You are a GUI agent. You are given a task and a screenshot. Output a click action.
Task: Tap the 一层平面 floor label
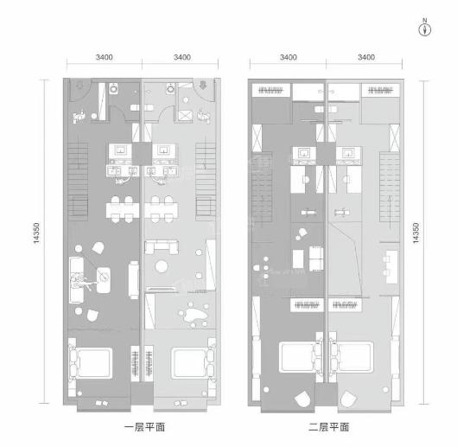pyautogui.click(x=145, y=427)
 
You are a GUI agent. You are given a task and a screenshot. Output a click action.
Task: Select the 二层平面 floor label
pyautogui.click(x=329, y=427)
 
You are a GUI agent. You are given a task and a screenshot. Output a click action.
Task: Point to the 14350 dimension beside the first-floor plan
pyautogui.click(x=36, y=233)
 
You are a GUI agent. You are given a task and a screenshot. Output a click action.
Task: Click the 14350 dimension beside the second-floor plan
pyautogui.click(x=416, y=233)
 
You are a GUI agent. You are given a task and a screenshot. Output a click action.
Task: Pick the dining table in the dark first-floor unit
pyautogui.click(x=123, y=210)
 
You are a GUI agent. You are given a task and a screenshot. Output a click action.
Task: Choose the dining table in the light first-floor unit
pyautogui.click(x=162, y=210)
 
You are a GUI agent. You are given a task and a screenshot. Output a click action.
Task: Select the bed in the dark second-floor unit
pyautogui.click(x=300, y=357)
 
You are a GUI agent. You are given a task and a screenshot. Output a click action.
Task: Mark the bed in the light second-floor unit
pyautogui.click(x=352, y=357)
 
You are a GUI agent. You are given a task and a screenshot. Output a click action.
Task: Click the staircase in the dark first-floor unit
pyautogui.click(x=78, y=182)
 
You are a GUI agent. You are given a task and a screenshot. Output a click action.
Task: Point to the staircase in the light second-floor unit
pyautogui.click(x=390, y=187)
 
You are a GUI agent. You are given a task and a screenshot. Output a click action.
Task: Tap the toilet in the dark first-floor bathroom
pyautogui.click(x=113, y=88)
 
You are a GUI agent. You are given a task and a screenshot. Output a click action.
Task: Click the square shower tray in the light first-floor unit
pyautogui.click(x=186, y=115)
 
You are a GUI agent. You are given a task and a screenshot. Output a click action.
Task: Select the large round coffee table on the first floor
pyautogui.click(x=162, y=266)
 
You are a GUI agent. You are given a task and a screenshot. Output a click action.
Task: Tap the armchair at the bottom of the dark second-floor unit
pyautogui.click(x=302, y=399)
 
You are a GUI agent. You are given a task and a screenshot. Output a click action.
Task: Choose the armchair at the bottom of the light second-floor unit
pyautogui.click(x=349, y=399)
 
